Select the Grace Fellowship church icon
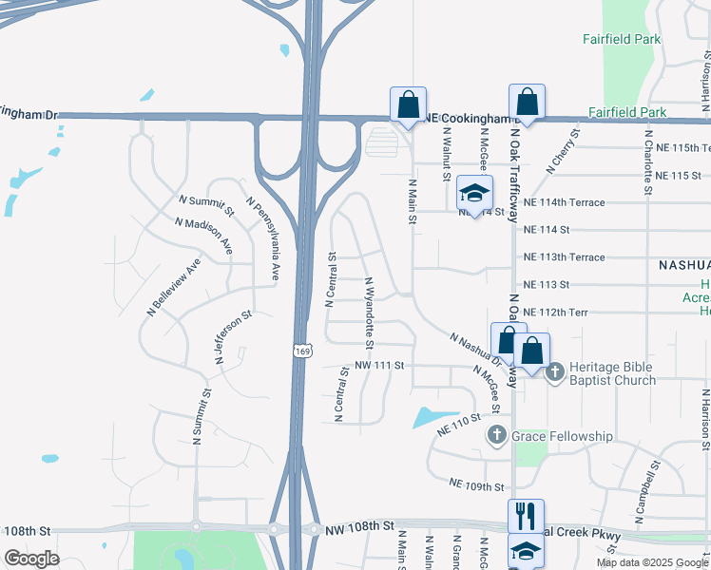pyautogui.click(x=495, y=436)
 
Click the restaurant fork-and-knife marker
pyautogui.click(x=526, y=516)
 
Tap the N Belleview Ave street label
pyautogui.click(x=174, y=286)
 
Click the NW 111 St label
pyautogui.click(x=380, y=366)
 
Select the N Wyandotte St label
pyautogui.click(x=370, y=312)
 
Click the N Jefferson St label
pyautogui.click(x=232, y=332)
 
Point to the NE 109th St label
pyautogui.click(x=477, y=486)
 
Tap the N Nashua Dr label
pyautogui.click(x=476, y=350)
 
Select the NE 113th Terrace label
pyautogui.click(x=564, y=257)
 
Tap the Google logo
pyautogui.click(x=31, y=559)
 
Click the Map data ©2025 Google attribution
pyautogui.click(x=652, y=562)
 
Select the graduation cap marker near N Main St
pyautogui.click(x=474, y=194)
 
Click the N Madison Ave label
pyautogui.click(x=203, y=235)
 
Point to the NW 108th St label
pyautogui.click(x=358, y=525)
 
